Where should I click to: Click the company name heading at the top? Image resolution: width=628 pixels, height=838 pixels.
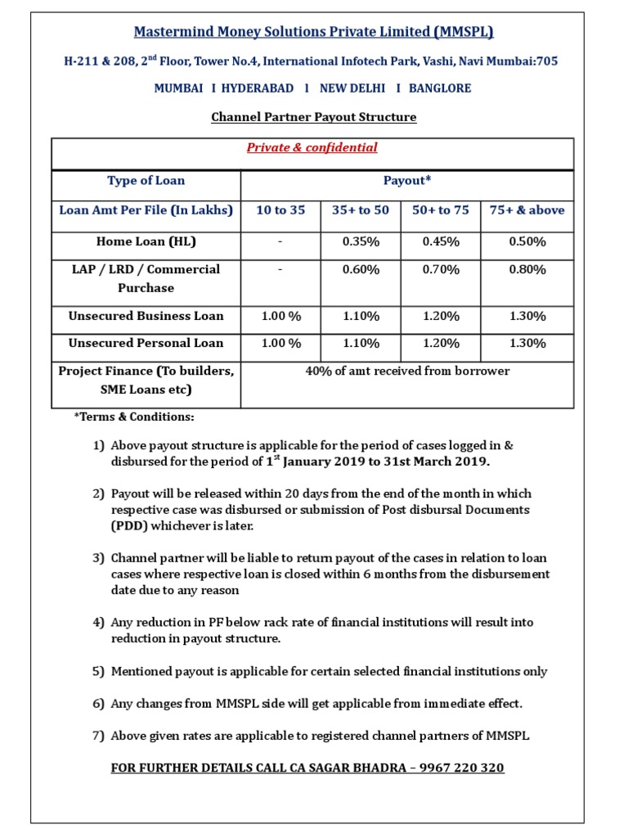(x=313, y=32)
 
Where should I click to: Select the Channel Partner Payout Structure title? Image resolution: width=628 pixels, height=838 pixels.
(x=313, y=117)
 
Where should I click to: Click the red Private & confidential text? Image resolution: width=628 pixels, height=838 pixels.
(x=312, y=148)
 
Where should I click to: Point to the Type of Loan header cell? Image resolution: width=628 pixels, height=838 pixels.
(x=146, y=181)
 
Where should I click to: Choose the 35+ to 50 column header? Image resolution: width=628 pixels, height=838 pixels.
(x=361, y=210)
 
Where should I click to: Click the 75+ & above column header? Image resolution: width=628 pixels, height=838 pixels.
(x=527, y=210)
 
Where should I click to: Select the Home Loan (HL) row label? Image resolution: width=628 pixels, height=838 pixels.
(x=146, y=241)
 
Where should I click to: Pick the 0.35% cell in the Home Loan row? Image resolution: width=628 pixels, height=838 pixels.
(x=361, y=241)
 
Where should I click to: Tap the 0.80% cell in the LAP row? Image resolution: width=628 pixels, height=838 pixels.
(x=527, y=269)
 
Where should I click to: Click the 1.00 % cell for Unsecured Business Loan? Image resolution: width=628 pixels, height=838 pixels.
(x=280, y=316)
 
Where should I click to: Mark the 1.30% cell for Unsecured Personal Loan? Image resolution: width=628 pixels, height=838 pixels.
(x=527, y=344)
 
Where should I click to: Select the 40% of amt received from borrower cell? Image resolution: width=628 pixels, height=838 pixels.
(x=406, y=372)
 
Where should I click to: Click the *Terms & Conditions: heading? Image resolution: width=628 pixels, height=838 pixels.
(x=134, y=417)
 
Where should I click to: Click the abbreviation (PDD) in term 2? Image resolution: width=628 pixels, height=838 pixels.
(x=127, y=526)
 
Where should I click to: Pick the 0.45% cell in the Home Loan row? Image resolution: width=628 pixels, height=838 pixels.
(x=441, y=241)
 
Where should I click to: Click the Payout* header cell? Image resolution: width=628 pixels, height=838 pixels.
(x=406, y=181)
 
